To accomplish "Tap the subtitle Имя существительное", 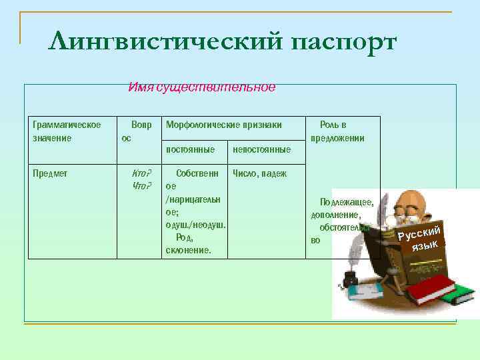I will (x=201, y=87).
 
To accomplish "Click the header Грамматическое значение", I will (x=67, y=131).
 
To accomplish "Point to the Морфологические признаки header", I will (x=223, y=125).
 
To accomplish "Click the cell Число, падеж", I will (x=259, y=173).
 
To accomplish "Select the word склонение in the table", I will (x=187, y=250).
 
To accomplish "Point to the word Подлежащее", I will (x=346, y=202).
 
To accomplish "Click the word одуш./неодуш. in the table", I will (x=195, y=225).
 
